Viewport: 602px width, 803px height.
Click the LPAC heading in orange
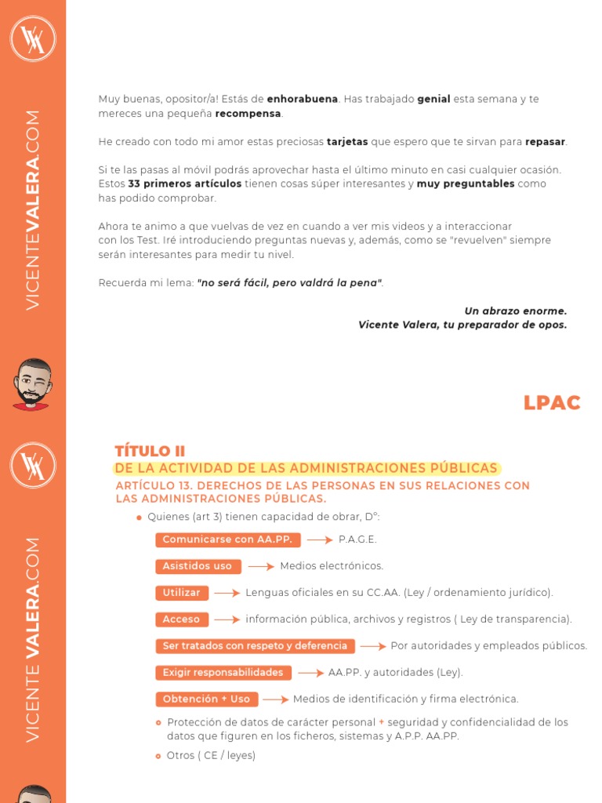552,403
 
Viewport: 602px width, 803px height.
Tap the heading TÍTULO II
150,451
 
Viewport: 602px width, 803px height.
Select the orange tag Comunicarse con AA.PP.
227,540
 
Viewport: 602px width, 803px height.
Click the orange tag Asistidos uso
198,566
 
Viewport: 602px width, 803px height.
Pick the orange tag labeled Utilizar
182,593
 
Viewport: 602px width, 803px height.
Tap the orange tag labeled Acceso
182,620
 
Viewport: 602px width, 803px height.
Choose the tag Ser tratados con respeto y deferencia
255,646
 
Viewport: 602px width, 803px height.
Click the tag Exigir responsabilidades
223,673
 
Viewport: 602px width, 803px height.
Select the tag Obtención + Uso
206,699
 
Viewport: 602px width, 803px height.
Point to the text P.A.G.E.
357,540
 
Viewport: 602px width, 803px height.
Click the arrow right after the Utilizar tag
227,594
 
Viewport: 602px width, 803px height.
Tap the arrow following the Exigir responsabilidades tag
310,674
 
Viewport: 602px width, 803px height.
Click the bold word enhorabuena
303,100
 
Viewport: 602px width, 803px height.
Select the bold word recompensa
248,114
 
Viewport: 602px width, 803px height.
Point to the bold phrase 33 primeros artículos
184,184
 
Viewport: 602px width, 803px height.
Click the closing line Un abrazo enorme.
515,311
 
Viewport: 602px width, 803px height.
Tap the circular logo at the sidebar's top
33,37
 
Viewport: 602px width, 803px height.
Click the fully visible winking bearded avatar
32,384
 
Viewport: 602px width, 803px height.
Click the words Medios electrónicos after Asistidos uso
332,566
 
